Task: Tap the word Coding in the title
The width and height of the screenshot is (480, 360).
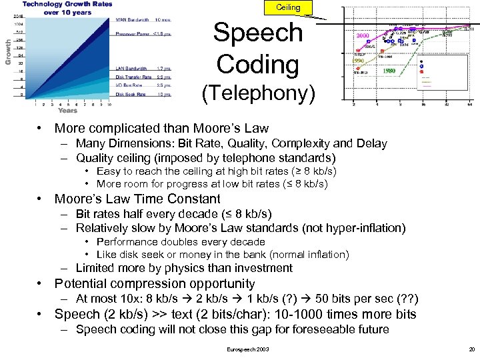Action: pyautogui.click(x=257, y=64)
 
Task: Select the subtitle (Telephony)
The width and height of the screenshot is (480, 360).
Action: pyautogui.click(x=258, y=94)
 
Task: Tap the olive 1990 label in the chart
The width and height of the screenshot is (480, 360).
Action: pyautogui.click(x=358, y=60)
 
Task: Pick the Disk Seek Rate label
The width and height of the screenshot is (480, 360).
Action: pyautogui.click(x=130, y=94)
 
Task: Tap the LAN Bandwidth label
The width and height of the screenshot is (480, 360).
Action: pyautogui.click(x=131, y=68)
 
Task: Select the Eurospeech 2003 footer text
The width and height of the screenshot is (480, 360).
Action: pyautogui.click(x=248, y=349)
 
